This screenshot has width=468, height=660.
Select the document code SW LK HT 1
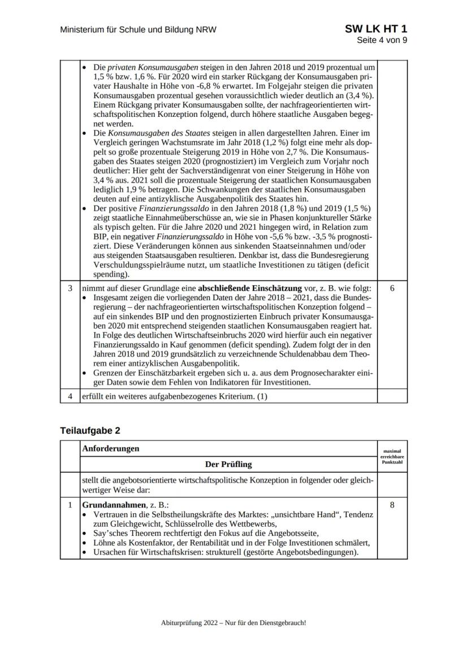pyautogui.click(x=376, y=29)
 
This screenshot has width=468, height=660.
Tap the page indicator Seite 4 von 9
pyautogui.click(x=382, y=40)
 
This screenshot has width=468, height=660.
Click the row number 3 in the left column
pyautogui.click(x=70, y=287)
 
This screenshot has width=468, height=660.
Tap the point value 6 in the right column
pyautogui.click(x=392, y=287)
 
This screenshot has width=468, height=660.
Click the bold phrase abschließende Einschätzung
pyautogui.click(x=244, y=287)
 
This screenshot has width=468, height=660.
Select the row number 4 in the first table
pyautogui.click(x=70, y=396)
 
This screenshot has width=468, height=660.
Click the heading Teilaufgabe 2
pyautogui.click(x=90, y=430)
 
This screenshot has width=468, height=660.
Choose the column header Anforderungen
pyautogui.click(x=110, y=449)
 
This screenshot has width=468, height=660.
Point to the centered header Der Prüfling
pyautogui.click(x=228, y=464)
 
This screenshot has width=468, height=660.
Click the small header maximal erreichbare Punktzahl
pyautogui.click(x=392, y=457)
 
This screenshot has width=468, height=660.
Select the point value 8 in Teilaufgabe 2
pyautogui.click(x=392, y=505)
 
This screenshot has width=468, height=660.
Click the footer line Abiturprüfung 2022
pyautogui.click(x=233, y=623)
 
